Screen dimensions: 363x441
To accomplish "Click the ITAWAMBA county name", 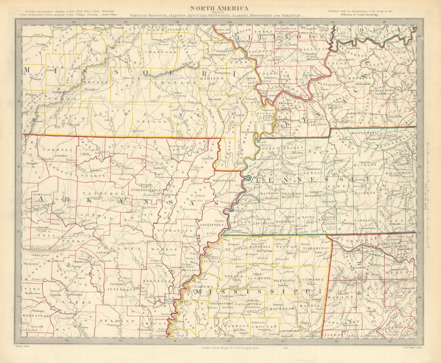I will (x=313, y=280).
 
